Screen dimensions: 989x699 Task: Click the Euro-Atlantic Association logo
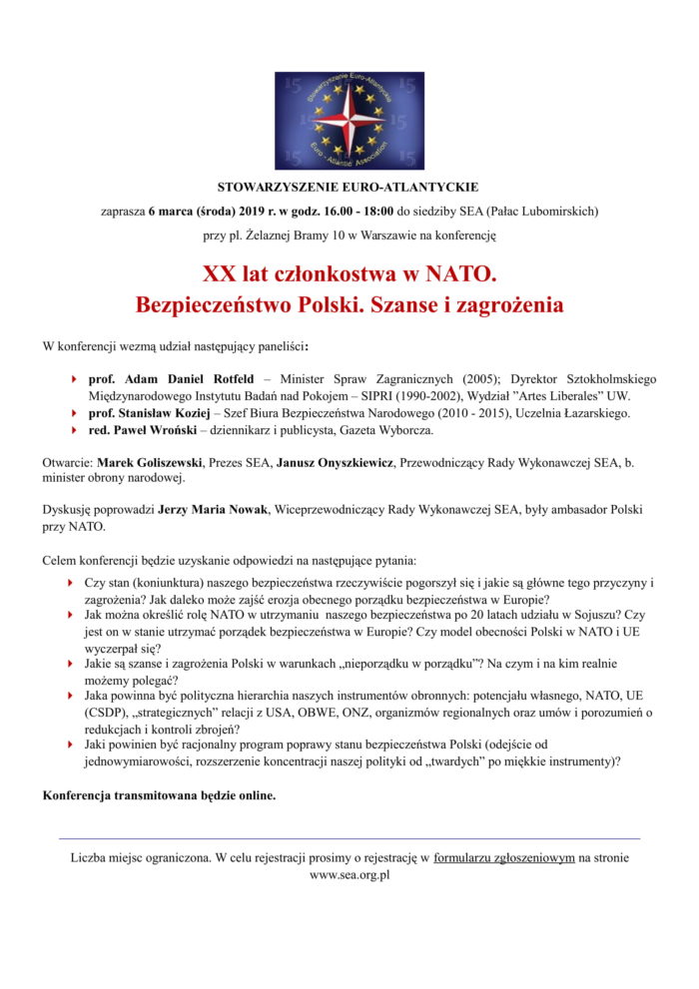(x=349, y=121)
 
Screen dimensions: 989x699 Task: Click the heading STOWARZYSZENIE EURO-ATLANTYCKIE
(x=349, y=187)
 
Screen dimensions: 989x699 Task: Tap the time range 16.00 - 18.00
(x=351, y=212)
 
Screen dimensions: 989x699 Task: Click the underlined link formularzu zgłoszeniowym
(x=504, y=857)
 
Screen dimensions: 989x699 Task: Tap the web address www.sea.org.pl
(x=349, y=874)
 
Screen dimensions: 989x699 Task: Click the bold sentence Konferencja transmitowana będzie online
(x=159, y=796)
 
